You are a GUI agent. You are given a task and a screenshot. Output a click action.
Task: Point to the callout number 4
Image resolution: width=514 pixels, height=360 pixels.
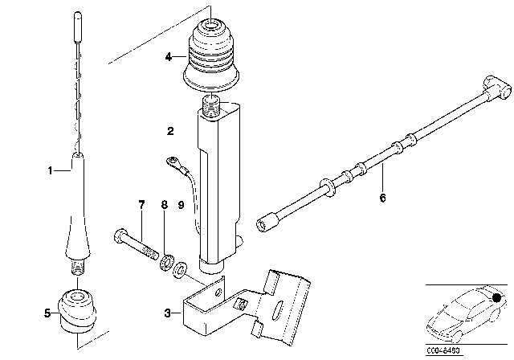tap(169, 57)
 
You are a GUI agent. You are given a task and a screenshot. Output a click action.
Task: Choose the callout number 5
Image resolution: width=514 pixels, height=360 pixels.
tap(47, 313)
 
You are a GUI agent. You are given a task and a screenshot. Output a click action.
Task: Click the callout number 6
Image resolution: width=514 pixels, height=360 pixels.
tap(383, 197)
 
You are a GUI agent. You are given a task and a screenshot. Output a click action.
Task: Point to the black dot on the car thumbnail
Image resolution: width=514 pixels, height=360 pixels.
tap(498, 299)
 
